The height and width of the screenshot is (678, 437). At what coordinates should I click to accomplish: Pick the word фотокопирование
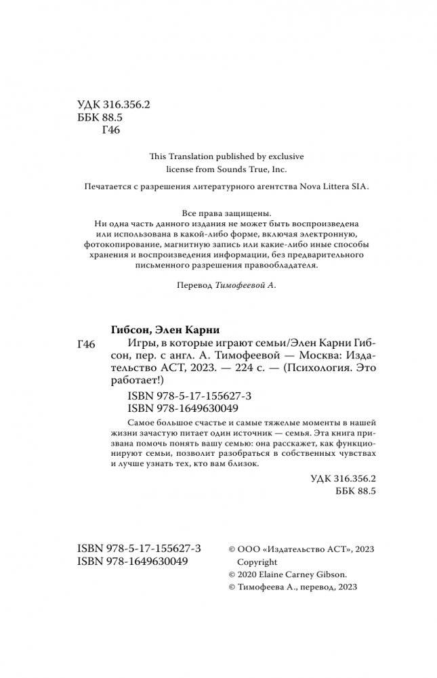pos(117,242)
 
